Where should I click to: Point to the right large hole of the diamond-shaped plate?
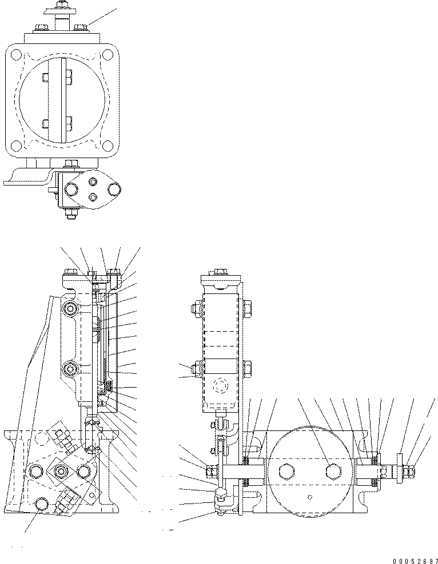pos(114,189)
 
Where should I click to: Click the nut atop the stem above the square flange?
pos(59,5)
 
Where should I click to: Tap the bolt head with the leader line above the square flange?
pos(81,26)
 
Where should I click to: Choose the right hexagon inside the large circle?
pos(331,471)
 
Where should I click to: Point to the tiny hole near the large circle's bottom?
pos(309,496)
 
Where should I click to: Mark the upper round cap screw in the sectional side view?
pos(72,308)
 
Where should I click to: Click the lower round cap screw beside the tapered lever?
pos(72,368)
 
